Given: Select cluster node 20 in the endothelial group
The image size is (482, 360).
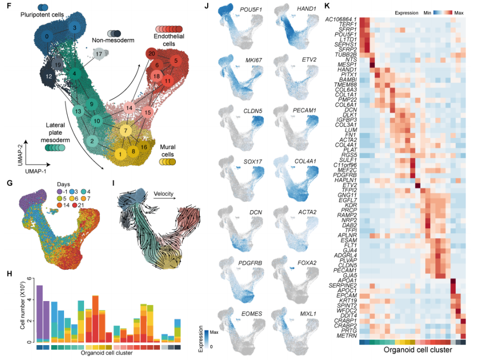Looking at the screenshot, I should coord(151,53).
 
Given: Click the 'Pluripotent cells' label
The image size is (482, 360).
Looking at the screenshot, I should coord(43,15).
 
